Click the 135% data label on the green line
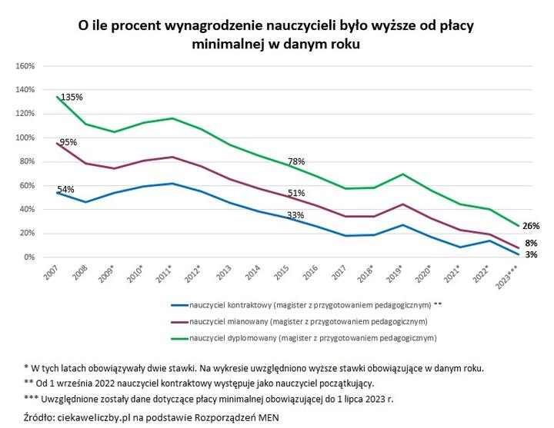pos(72,98)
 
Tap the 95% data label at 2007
pos(68,143)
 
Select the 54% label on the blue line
pos(66,189)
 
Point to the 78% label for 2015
pos(296,162)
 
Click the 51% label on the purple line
pos(296,194)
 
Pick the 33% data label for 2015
pos(295,216)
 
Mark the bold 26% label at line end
pos(530,226)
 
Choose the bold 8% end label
pos(530,244)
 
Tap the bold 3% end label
pos(530,254)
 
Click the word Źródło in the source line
pos(44,416)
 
